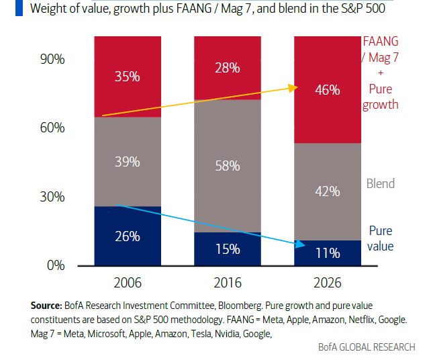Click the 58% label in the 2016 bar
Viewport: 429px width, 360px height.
(228, 166)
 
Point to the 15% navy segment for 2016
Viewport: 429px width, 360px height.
(228, 249)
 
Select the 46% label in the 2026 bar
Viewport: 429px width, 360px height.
(328, 90)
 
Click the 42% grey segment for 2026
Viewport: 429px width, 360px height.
(328, 191)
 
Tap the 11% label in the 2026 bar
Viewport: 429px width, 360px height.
(328, 253)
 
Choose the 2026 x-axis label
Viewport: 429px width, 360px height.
(328, 282)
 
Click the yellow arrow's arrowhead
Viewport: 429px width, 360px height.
(293, 87)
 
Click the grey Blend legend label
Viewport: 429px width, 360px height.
(380, 183)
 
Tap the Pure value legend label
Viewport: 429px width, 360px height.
(380, 238)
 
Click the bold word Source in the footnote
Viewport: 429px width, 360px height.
(47, 304)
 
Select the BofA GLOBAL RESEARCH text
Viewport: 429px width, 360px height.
(367, 347)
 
